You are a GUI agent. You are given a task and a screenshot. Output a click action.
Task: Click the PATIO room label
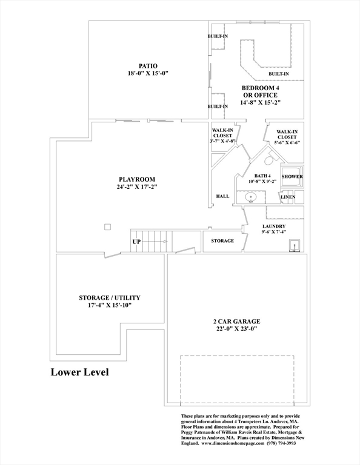pyautogui.click(x=148, y=66)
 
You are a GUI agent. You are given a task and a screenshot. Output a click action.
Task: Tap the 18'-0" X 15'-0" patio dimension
pyautogui.click(x=148, y=73)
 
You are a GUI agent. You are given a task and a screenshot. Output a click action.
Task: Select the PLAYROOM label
pyautogui.click(x=137, y=179)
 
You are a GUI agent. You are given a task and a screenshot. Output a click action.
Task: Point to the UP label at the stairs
pyautogui.click(x=136, y=242)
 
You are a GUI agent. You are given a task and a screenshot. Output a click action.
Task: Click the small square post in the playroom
pyautogui.click(x=107, y=227)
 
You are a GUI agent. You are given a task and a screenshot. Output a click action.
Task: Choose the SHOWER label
pyautogui.click(x=292, y=176)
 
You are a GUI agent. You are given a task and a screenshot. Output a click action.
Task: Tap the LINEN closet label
pyautogui.click(x=288, y=197)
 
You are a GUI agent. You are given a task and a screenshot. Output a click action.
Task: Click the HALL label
pyautogui.click(x=222, y=196)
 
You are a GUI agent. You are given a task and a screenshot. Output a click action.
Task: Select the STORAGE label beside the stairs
pyautogui.click(x=222, y=241)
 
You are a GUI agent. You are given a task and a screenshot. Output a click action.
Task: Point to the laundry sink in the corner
pyautogui.click(x=295, y=246)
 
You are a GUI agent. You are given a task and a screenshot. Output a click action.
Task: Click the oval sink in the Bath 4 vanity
pyautogui.click(x=251, y=197)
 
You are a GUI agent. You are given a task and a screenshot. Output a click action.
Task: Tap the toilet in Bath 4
pyautogui.click(x=270, y=160)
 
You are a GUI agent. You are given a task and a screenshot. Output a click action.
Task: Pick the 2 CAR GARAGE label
pyautogui.click(x=237, y=322)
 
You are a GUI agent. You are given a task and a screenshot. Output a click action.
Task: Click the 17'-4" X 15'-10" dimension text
pyautogui.click(x=110, y=305)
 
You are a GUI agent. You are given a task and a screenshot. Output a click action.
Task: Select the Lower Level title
pyautogui.click(x=80, y=372)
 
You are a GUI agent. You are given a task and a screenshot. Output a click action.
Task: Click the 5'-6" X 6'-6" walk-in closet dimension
pyautogui.click(x=287, y=142)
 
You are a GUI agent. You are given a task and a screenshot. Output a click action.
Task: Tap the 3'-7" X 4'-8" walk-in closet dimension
pyautogui.click(x=222, y=141)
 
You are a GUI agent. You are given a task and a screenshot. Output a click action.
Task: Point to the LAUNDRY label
pyautogui.click(x=274, y=226)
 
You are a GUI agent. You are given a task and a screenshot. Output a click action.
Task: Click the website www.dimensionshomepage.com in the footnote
pyautogui.click(x=233, y=443)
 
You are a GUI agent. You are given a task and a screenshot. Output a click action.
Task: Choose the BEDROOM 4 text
pyautogui.click(x=260, y=88)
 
